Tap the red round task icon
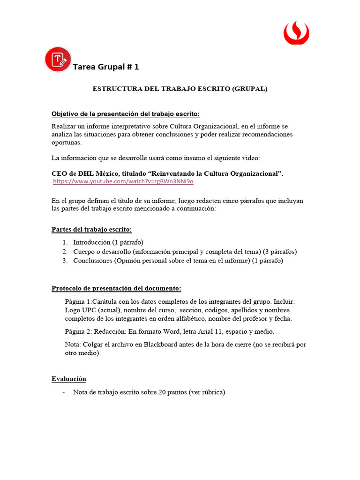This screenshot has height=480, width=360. pos(58,60)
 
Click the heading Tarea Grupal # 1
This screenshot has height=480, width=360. pos(106,67)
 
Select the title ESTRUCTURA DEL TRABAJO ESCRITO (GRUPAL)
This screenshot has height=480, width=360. pos(180,89)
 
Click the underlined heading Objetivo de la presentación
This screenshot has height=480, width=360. pos(125,114)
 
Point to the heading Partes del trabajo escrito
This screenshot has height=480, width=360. pos(91,230)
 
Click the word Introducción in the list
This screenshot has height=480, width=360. pos(92,242)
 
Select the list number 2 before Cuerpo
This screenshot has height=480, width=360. pos(65,252)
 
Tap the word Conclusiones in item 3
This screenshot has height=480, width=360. pos(92,261)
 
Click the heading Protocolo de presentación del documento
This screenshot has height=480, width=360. pos(116,288)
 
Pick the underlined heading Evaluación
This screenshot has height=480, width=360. pos(68,379)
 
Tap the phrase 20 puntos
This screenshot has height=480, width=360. pos(172,392)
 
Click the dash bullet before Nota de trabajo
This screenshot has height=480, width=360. pos(64,392)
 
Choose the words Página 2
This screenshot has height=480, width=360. pos(78,331)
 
